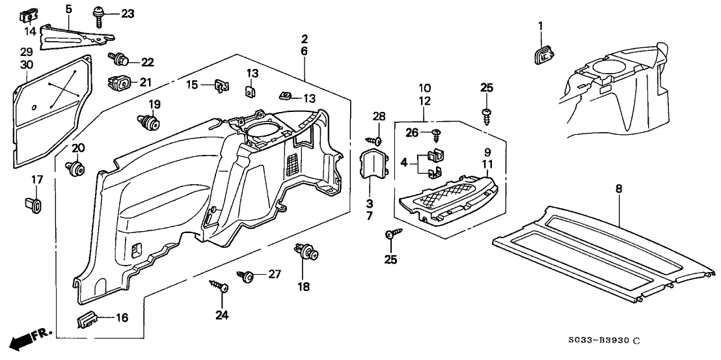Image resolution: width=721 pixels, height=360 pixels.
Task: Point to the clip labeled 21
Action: tap(117, 83)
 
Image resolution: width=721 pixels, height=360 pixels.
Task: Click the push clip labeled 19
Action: tap(151, 122)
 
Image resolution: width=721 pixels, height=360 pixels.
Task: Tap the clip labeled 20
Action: tap(77, 169)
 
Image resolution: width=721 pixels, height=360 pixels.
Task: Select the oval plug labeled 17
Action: tap(36, 205)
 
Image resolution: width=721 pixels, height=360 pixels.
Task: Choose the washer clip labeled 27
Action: tap(248, 276)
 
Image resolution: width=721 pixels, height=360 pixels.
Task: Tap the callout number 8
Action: tap(618, 189)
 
